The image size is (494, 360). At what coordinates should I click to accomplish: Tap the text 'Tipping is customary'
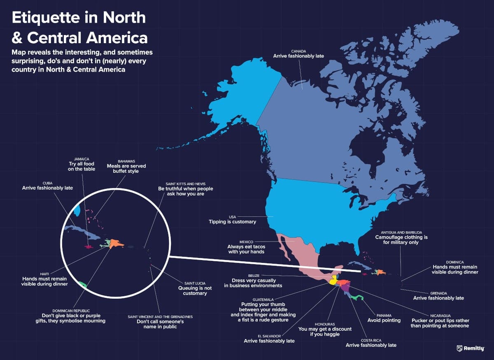click(232, 222)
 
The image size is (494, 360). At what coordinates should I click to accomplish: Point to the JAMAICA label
click(82, 158)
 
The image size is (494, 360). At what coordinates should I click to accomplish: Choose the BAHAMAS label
click(126, 161)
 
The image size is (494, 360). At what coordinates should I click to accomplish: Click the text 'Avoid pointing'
click(384, 320)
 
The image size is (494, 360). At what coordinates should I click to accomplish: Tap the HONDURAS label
click(325, 324)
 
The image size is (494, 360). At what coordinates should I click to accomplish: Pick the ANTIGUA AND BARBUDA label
click(401, 232)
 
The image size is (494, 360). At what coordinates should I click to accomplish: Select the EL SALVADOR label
click(269, 336)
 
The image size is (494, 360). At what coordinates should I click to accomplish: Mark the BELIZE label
click(253, 275)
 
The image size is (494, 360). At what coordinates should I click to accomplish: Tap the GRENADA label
click(438, 292)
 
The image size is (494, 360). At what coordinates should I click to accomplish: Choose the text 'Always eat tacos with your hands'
click(246, 249)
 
